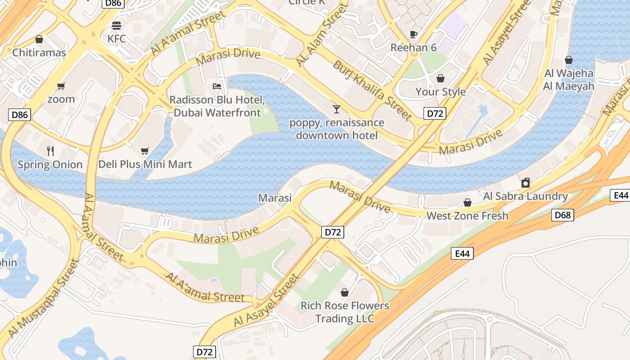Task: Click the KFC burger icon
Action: [117, 25]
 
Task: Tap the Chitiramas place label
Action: [39, 53]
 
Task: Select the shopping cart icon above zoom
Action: [61, 86]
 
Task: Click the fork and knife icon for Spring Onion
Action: [50, 151]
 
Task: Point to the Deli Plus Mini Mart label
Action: [145, 164]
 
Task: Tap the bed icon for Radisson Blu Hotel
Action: [217, 86]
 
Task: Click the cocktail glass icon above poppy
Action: [336, 109]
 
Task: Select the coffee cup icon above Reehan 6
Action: [413, 34]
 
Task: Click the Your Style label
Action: [440, 92]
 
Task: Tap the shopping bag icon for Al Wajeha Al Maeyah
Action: [569, 60]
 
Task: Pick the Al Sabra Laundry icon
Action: [525, 183]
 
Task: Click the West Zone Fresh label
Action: [467, 216]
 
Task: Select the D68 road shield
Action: [562, 215]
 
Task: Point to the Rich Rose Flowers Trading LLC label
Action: [345, 312]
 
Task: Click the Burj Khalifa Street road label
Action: [372, 90]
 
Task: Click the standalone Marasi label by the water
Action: [274, 198]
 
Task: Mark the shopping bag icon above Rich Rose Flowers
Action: [345, 292]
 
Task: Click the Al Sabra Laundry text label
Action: [525, 196]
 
